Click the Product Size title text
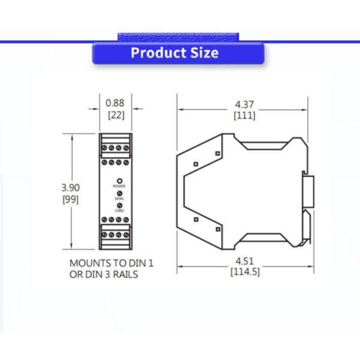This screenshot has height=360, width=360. (175, 53)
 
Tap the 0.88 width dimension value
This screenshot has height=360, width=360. (115, 103)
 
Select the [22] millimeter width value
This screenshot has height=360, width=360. (115, 115)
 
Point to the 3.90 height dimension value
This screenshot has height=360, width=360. (70, 187)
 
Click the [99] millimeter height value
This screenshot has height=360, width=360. (70, 199)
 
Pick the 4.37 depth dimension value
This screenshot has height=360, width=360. (244, 104)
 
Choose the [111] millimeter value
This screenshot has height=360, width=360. (244, 115)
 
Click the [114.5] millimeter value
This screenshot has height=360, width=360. (244, 271)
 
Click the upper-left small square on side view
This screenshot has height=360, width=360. (196, 164)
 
